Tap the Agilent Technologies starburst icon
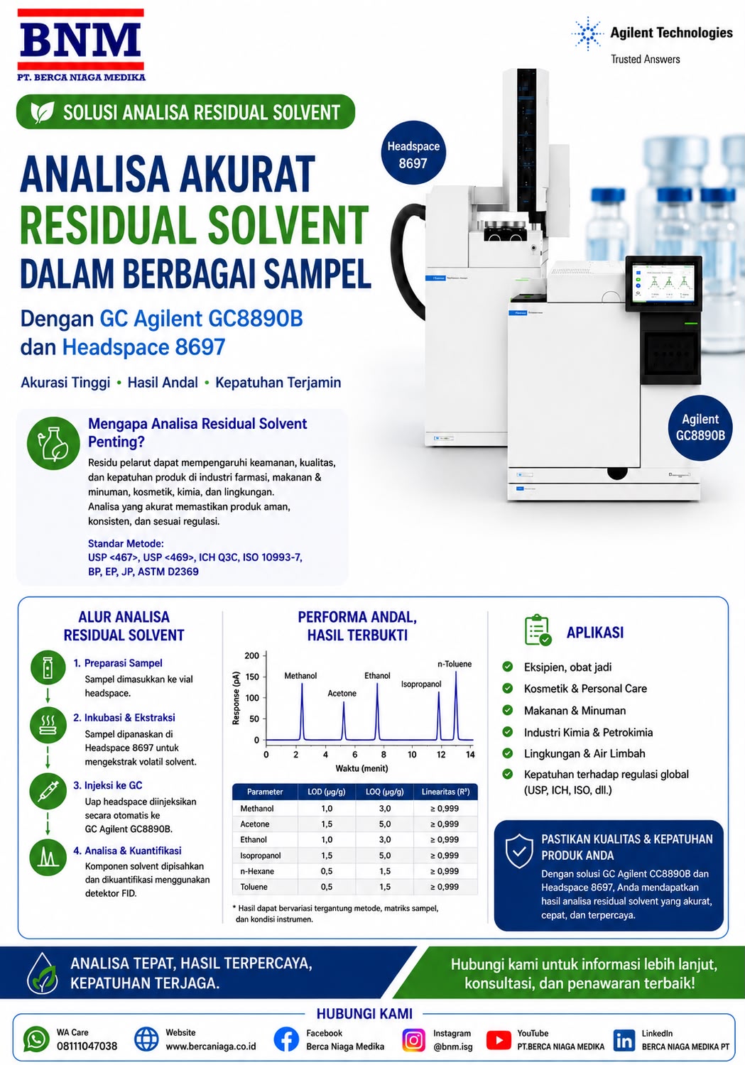pos(587,33)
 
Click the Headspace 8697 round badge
pos(413,153)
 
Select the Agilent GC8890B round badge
pos(700,427)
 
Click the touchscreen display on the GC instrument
pos(664,283)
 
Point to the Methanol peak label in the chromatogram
pos(300,676)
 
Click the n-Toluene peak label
pos(455,664)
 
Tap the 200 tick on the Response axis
pos(251,655)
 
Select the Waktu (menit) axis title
pos(361,768)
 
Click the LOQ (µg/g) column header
pos(385,792)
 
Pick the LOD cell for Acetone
pos(327,824)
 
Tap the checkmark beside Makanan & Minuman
pos(508,710)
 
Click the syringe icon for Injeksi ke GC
pos(48,791)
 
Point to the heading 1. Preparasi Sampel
pos(118,662)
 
